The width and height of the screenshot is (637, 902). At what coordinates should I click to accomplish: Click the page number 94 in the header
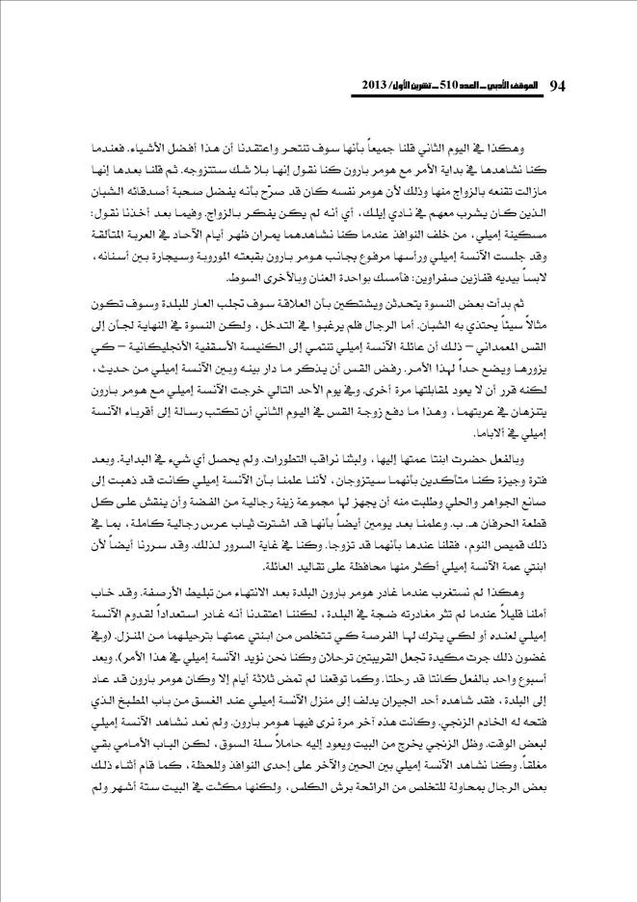[x=558, y=86]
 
